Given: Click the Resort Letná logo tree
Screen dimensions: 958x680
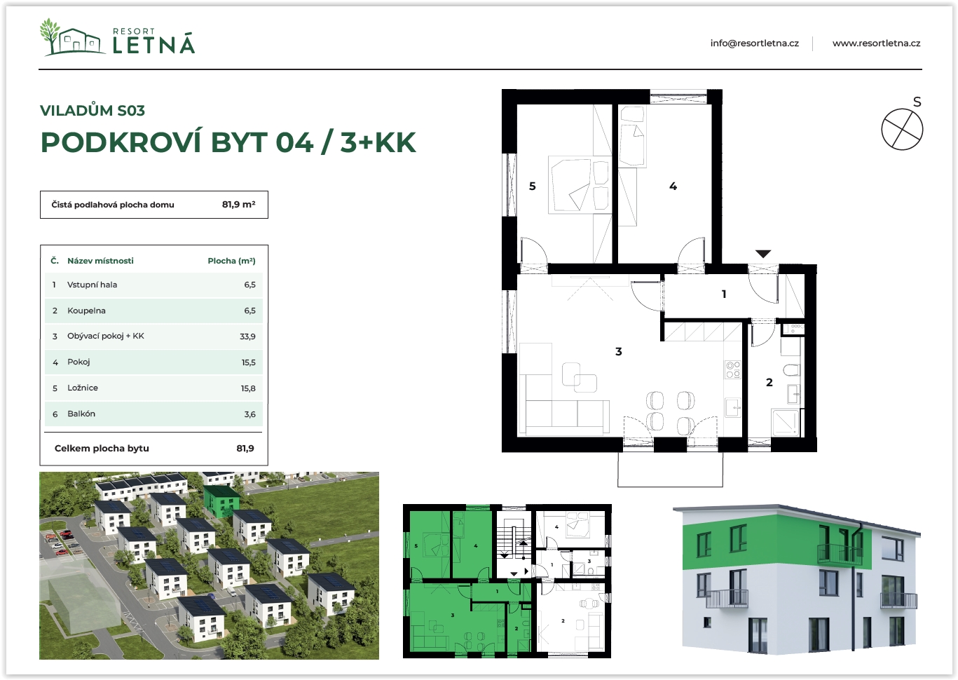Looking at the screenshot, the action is point(50,36).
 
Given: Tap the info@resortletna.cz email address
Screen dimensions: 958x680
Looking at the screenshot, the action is point(755,43).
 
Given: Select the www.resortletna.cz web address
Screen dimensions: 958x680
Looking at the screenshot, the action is point(876,43).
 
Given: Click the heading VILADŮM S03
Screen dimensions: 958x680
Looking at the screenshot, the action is point(93,110).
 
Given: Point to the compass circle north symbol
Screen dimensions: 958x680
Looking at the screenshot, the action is point(902,129).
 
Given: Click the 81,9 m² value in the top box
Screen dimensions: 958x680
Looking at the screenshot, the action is point(239,205).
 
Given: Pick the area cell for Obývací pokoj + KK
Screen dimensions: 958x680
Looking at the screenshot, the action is point(247,336).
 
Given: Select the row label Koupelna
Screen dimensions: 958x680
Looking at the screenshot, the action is point(86,311).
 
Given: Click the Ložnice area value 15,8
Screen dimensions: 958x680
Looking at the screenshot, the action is point(248,388).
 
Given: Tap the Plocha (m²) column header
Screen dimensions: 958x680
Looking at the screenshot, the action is point(231,261).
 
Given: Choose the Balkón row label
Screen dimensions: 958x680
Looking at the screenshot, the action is point(81,414).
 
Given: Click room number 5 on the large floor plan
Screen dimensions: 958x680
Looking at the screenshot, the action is point(533,186).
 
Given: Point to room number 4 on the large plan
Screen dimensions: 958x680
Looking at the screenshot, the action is point(673,186).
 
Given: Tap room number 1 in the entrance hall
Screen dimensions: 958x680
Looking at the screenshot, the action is point(724,294).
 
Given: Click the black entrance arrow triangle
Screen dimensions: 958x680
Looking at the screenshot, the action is point(763,254).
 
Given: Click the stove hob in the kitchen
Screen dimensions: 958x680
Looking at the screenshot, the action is point(733,369).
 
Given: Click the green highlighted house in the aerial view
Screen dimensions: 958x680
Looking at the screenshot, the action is point(221,501).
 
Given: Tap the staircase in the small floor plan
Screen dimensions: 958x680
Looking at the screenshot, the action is point(511,540).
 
